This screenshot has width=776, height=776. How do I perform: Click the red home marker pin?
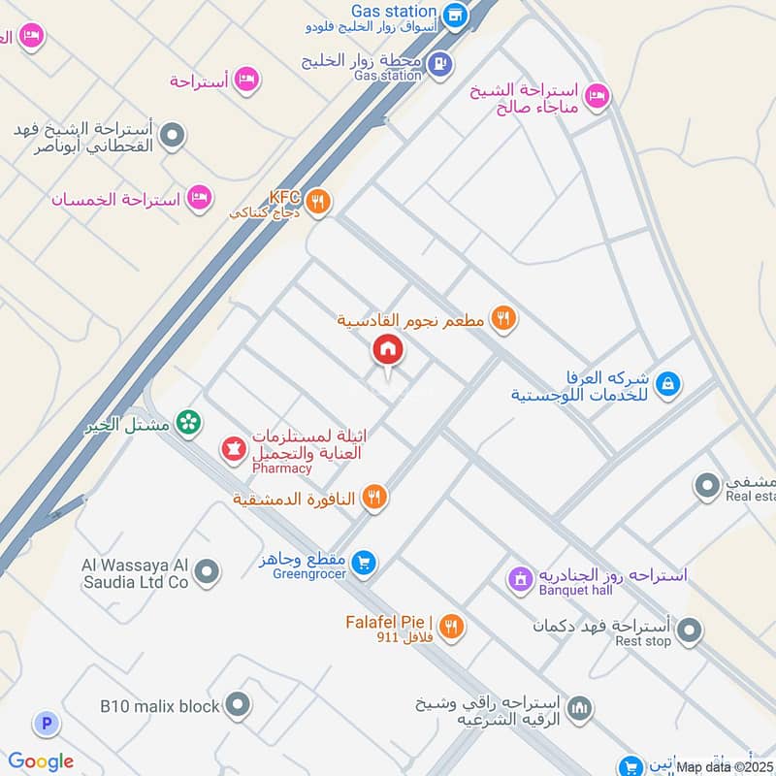[387, 349]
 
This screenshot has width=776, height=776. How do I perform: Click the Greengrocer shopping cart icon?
[363, 563]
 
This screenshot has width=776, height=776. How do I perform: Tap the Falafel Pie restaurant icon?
[450, 627]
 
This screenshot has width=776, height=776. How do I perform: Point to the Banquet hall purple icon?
[521, 580]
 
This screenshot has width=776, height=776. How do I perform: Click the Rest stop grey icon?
[690, 632]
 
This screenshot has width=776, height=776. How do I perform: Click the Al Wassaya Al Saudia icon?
[206, 573]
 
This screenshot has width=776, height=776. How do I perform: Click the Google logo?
[41, 761]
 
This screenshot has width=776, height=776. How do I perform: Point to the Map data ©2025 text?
[725, 766]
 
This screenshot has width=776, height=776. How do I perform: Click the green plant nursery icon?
[190, 423]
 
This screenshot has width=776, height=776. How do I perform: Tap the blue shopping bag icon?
[666, 384]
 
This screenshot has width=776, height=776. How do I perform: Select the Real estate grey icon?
[706, 486]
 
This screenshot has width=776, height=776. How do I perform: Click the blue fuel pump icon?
[440, 64]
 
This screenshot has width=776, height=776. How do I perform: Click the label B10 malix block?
[160, 706]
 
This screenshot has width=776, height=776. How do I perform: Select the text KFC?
[284, 197]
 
